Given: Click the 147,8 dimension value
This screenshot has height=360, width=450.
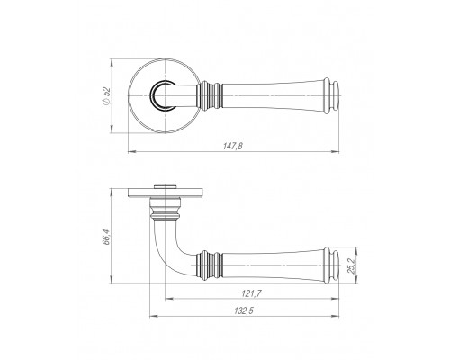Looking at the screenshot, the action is point(233,146).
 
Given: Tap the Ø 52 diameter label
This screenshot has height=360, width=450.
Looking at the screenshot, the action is point(106,96).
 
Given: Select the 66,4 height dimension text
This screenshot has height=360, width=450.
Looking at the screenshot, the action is point(106,237).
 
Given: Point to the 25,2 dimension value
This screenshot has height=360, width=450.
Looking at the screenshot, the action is point(352,265).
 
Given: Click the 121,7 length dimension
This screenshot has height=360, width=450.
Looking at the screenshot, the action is point(251,293).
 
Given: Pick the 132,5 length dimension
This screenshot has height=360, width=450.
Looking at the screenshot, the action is point(244,310).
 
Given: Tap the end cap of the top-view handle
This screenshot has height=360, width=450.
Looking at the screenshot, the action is point(332,96).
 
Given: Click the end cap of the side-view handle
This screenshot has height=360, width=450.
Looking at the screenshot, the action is point(332,265).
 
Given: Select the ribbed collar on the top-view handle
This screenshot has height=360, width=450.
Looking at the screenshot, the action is point(210,96).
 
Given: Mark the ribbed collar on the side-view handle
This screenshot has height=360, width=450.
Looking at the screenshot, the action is point(210,265).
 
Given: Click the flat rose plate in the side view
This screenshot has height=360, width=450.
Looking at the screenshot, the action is point(166,193).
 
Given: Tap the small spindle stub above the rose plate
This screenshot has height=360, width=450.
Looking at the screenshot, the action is point(165,187).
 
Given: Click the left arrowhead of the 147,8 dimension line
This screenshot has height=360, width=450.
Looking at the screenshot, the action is point(131,152).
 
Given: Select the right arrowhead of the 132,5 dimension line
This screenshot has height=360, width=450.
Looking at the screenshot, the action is point(336,316).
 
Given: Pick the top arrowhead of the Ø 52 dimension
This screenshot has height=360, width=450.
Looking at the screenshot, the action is point(112,62).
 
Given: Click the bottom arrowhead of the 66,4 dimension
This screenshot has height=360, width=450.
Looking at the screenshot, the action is point(112,279).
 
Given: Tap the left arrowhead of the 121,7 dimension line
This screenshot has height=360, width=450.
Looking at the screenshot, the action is point(169,299).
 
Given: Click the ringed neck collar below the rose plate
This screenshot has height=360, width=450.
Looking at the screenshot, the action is point(166,210).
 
